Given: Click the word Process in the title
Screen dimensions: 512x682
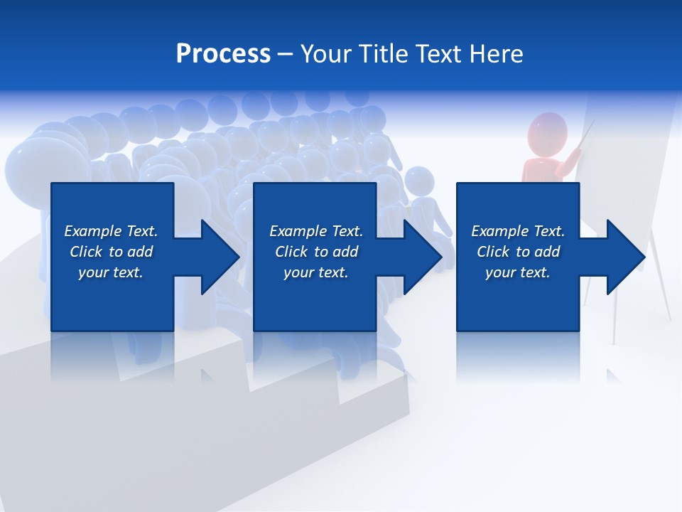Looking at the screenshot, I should [x=222, y=54].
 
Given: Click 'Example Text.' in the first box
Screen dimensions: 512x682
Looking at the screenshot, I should [x=111, y=231].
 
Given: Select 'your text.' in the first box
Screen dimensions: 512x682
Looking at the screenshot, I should [x=111, y=272].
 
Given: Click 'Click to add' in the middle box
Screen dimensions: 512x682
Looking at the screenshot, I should [x=316, y=252].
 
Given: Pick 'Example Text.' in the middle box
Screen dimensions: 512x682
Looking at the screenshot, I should [x=316, y=231].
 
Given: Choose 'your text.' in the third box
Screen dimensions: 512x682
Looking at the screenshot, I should [x=518, y=272].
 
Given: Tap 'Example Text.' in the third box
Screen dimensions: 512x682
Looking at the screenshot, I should [x=518, y=231].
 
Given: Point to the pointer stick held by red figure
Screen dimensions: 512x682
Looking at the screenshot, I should [x=585, y=137].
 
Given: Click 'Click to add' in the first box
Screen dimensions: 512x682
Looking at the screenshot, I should [x=111, y=252].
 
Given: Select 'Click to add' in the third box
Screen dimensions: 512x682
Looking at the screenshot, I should [x=518, y=252].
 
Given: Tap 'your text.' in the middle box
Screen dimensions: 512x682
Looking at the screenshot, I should [x=316, y=272].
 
